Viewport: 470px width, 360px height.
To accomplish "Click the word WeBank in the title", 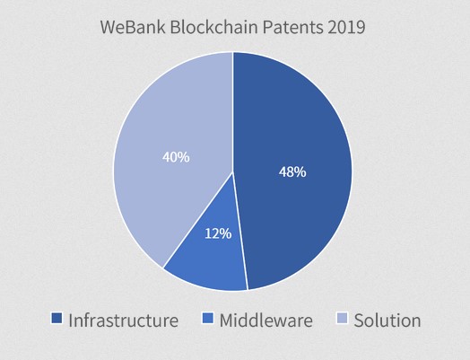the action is pyautogui.click(x=133, y=27).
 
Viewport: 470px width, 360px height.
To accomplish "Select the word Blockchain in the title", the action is pyautogui.click(x=214, y=27).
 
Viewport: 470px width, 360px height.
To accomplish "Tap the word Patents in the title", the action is pyautogui.click(x=292, y=27).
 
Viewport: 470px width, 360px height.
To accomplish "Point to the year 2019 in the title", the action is pyautogui.click(x=346, y=27).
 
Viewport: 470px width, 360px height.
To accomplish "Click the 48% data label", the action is pyautogui.click(x=292, y=172).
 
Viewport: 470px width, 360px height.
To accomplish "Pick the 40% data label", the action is pyautogui.click(x=176, y=157).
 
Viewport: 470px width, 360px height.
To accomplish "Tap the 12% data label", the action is pyautogui.click(x=218, y=233).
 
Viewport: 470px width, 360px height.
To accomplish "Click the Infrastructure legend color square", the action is pyautogui.click(x=57, y=319).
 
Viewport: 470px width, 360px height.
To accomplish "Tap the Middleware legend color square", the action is pyautogui.click(x=208, y=319).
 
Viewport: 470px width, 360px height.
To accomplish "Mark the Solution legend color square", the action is pyautogui.click(x=342, y=319).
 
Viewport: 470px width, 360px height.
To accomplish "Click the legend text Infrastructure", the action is pyautogui.click(x=124, y=320).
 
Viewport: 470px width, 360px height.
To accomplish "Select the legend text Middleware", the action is pyautogui.click(x=266, y=320).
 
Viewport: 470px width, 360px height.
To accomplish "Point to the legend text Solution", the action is pyautogui.click(x=387, y=320).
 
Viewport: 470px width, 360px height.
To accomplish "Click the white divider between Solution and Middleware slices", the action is pyautogui.click(x=198, y=220).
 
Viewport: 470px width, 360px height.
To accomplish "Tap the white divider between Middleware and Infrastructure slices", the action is pyautogui.click(x=240, y=231).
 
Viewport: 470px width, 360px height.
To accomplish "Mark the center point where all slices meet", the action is pyautogui.click(x=233, y=172).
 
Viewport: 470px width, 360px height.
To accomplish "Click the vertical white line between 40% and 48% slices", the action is pyautogui.click(x=233, y=112).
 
